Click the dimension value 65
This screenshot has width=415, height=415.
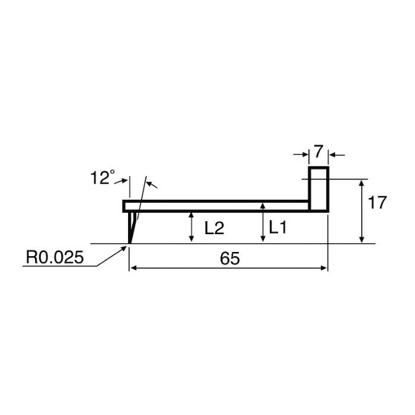coord(230,258)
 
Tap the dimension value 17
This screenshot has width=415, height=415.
coord(377,203)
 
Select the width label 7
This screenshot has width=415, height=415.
coord(318,151)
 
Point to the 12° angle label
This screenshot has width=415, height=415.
coord(103,177)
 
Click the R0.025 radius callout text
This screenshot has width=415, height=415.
coord(55,257)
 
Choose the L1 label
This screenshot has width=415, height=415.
coord(277,227)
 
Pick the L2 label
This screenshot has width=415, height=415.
coord(215,228)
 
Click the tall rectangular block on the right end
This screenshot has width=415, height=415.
coord(319,189)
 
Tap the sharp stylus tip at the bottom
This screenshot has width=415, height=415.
coord(130,242)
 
